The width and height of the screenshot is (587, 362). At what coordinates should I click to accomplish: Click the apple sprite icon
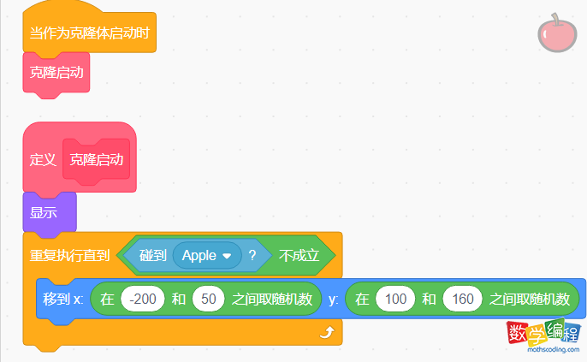coord(554,34)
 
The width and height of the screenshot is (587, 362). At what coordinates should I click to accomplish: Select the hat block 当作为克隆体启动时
coord(89,33)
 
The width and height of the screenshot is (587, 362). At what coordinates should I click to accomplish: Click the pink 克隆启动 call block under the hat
coord(56,73)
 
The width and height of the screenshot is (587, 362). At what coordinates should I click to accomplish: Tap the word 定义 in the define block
coord(43,160)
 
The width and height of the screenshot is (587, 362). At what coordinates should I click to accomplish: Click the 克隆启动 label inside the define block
coord(96,160)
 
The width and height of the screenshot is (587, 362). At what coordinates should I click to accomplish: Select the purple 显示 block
coord(44,212)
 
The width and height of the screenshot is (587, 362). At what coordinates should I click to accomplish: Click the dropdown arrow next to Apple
coord(227,256)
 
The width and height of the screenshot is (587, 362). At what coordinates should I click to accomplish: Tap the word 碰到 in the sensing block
coord(152,255)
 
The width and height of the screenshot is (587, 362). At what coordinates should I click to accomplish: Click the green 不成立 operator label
coord(299,255)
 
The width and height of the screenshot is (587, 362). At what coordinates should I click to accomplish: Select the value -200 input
coord(143,300)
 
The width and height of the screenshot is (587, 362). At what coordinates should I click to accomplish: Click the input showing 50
coord(208,300)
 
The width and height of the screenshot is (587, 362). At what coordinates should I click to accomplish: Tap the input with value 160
coord(463,300)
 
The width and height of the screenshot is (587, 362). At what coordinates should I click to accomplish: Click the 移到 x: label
coord(63,300)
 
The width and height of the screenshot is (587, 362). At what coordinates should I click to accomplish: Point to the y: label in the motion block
coord(334,300)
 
